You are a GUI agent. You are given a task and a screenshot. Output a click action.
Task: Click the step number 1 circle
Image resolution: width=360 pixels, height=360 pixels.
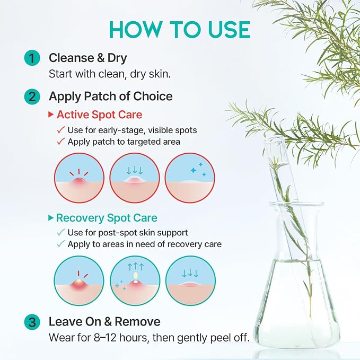tap(32, 58)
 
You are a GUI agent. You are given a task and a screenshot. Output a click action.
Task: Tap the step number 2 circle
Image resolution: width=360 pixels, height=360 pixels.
tap(32, 96)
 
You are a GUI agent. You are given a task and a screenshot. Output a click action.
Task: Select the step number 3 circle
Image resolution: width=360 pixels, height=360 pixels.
tap(32, 322)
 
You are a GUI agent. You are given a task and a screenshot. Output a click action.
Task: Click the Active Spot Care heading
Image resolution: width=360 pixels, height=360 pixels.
tap(100, 115)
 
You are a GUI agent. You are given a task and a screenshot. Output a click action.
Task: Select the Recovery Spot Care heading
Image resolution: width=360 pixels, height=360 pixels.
tap(107, 218)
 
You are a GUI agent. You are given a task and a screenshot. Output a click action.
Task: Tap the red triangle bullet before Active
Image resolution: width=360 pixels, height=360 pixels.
tap(51, 115)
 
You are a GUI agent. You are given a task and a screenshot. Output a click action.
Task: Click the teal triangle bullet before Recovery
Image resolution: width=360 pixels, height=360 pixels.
tap(51, 218)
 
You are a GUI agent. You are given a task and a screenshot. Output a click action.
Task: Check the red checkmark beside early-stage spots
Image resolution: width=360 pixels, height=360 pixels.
tap(61, 130)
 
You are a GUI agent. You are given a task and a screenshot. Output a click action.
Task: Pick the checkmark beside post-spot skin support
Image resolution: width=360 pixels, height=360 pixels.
tap(61, 232)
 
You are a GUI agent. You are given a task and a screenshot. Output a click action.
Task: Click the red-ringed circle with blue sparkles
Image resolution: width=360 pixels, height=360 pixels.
tap(190, 178)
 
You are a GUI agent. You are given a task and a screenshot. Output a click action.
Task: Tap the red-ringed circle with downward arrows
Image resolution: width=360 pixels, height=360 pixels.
tap(135, 178)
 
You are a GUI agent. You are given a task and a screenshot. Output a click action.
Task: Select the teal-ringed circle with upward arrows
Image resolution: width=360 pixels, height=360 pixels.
tap(135, 280)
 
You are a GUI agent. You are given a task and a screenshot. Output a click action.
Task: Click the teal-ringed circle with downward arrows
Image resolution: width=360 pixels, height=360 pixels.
tap(190, 280)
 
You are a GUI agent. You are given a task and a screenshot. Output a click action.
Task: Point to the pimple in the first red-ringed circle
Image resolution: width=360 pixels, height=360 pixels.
tap(79, 181)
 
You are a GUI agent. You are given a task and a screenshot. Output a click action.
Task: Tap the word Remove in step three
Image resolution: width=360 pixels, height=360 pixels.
tap(137, 321)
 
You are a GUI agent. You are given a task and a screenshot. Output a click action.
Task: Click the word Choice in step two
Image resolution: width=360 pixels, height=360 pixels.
tap(153, 96)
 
